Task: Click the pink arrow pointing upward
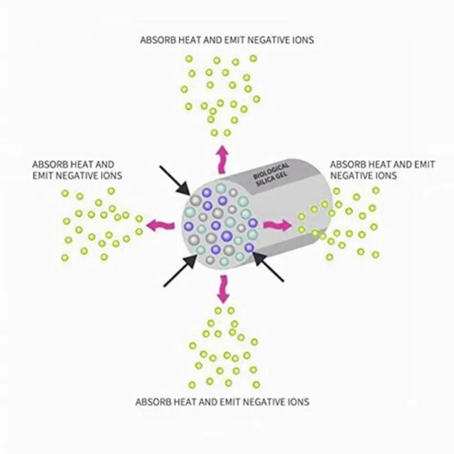coord(222,159)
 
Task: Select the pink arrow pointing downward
coord(222,289)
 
